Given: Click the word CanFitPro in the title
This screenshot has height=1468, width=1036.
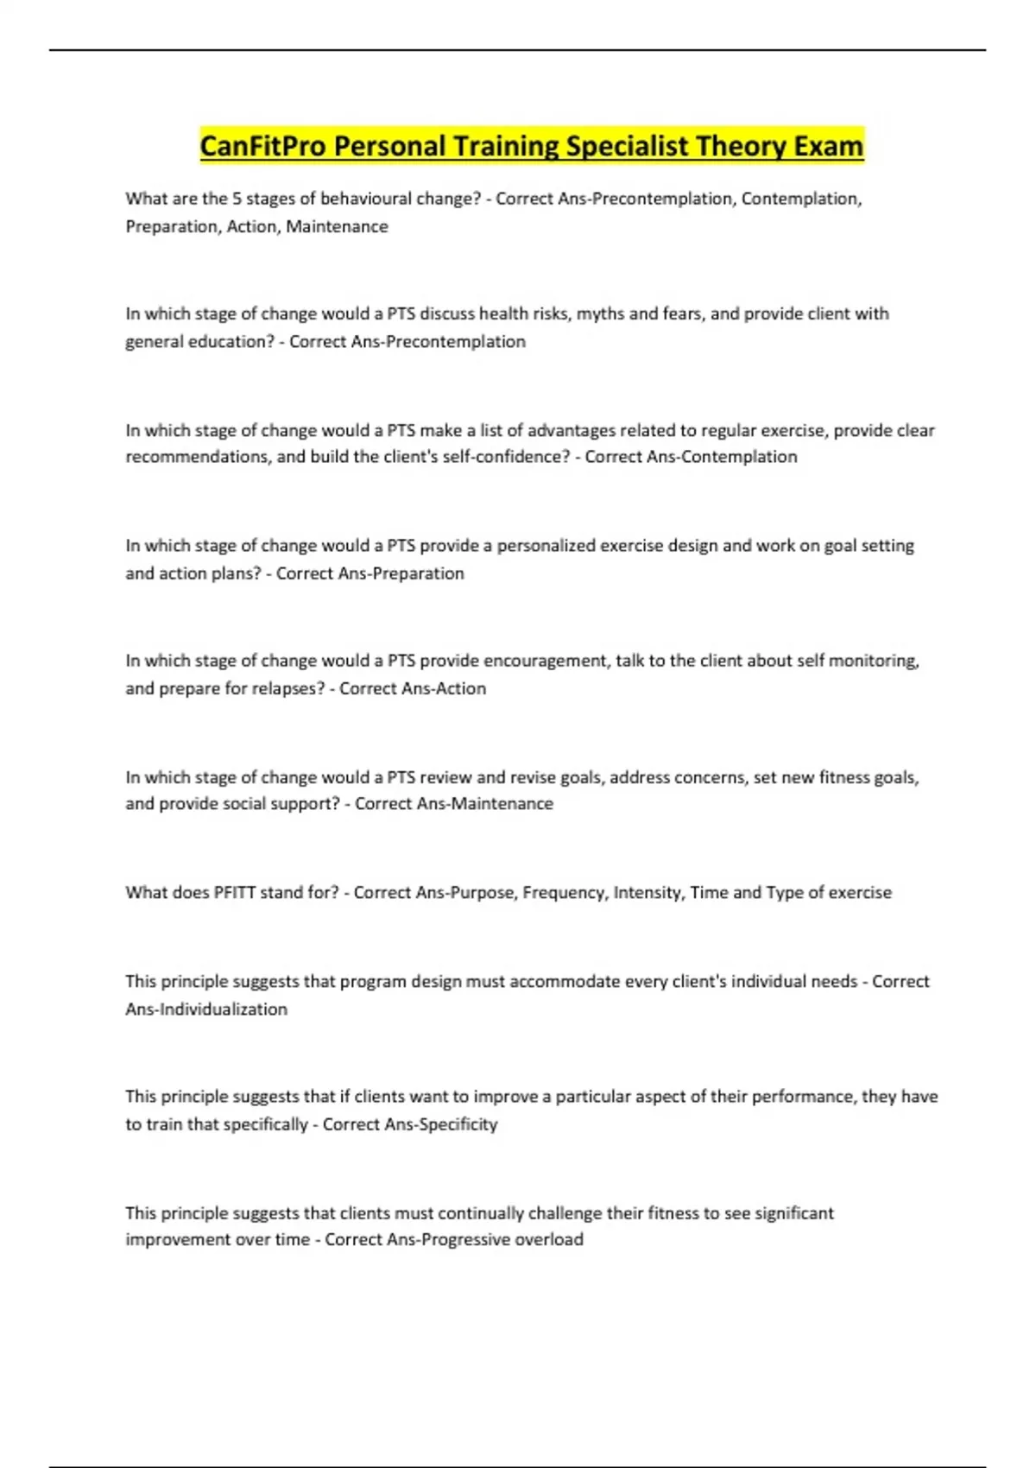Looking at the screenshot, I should (263, 146).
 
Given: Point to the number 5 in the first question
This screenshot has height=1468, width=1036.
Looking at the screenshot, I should (237, 199).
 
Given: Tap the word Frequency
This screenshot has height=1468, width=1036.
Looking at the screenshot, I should (563, 892).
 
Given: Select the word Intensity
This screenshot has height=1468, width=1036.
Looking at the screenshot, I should (647, 892).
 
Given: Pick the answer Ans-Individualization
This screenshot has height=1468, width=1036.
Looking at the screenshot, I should (206, 1009).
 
